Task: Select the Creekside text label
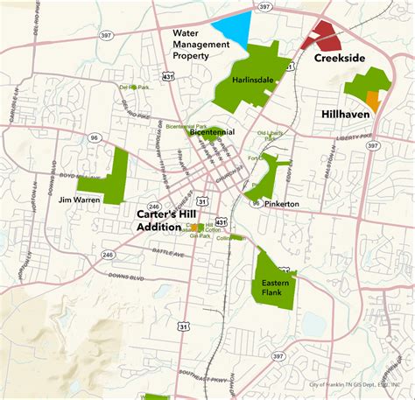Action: coord(338,59)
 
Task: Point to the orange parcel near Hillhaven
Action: coord(373,101)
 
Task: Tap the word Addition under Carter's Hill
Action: coord(160,228)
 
